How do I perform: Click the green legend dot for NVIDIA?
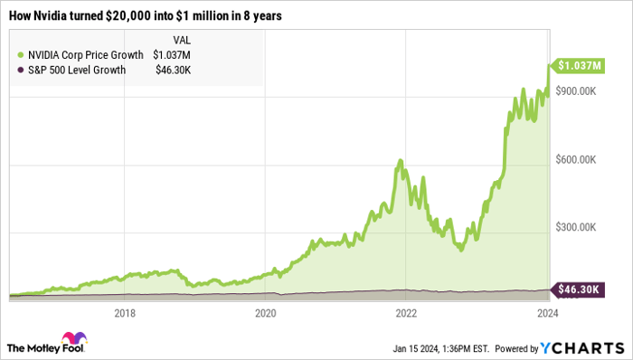tap(20, 53)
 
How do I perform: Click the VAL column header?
tap(181, 39)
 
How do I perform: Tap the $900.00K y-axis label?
tap(578, 91)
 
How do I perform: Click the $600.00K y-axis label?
tap(578, 159)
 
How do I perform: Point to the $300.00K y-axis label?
tap(578, 227)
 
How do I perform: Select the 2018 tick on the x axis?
tap(125, 313)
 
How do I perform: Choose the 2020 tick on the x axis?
tap(265, 313)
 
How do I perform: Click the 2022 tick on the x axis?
tap(406, 313)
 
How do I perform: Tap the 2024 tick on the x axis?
tap(546, 313)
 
